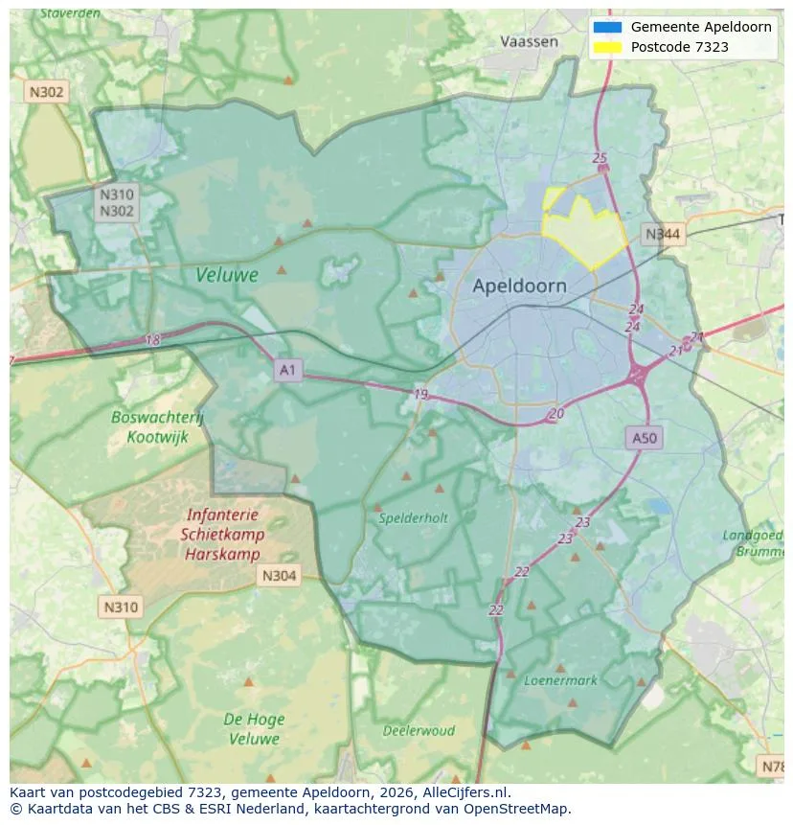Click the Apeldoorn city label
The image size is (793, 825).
tap(519, 286)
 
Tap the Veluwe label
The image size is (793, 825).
tap(227, 275)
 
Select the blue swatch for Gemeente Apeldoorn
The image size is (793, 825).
tap(607, 27)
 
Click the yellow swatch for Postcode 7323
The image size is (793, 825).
tap(607, 47)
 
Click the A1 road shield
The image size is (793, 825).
tap(287, 369)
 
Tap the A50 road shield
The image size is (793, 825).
tap(645, 438)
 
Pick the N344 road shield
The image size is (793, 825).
tap(663, 234)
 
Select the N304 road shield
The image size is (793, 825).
tap(279, 576)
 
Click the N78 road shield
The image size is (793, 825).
tap(772, 766)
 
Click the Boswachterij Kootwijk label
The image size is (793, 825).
tap(157, 427)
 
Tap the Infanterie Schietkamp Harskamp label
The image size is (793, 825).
tap(221, 535)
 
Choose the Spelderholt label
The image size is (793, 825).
tap(413, 517)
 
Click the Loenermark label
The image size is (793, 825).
tap(560, 680)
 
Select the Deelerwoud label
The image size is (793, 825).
tap(419, 730)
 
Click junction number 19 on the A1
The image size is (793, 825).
tap(420, 394)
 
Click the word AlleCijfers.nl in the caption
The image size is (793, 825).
tap(466, 792)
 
